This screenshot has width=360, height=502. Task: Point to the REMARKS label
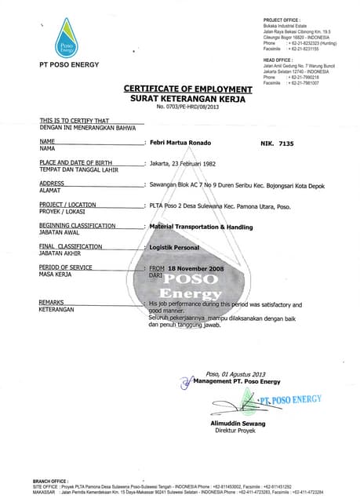pyautogui.click(x=53, y=302)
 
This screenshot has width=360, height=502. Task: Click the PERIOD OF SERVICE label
pyautogui.click(x=66, y=267)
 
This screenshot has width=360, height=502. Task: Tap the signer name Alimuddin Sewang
pyautogui.click(x=238, y=424)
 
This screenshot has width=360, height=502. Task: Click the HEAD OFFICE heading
pyautogui.click(x=278, y=60)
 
